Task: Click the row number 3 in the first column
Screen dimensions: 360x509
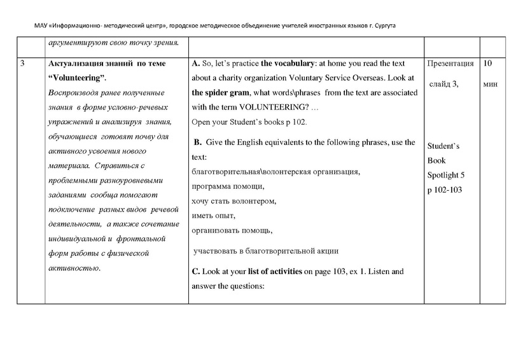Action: pos(23,64)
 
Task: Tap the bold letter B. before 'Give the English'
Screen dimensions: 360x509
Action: pos(197,142)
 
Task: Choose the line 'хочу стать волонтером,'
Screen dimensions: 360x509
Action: pos(234,201)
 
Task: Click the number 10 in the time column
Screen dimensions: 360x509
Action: pos(489,64)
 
